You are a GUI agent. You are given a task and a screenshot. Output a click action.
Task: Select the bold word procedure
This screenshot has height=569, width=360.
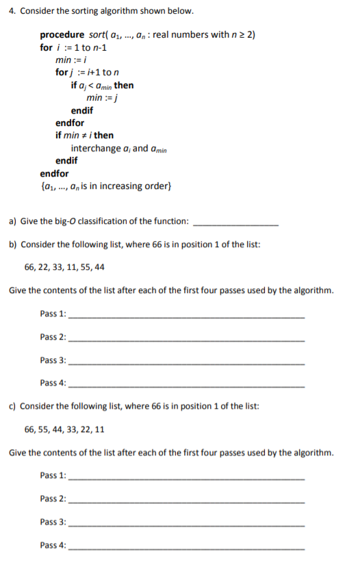point(62,34)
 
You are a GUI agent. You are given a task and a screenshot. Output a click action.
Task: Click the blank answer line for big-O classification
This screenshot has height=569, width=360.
point(236,223)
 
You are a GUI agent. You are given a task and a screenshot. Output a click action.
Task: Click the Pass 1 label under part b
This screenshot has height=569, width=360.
point(53,314)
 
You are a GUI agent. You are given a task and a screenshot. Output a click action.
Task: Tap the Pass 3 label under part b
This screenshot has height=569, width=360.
point(53,360)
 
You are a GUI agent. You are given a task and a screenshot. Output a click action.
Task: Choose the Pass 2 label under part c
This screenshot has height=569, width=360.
point(53,498)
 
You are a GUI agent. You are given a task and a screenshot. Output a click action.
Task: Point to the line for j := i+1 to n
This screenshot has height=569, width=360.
point(85,73)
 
